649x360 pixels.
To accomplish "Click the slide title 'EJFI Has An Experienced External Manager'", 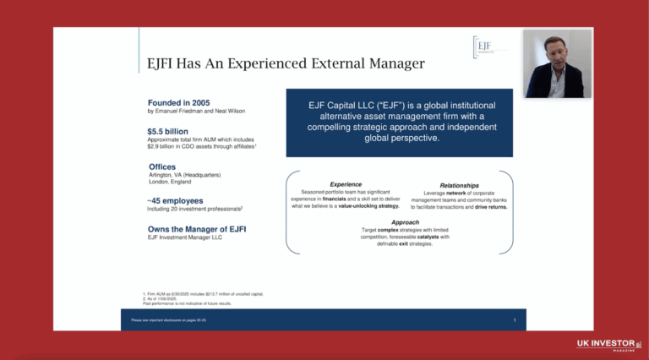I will point(285,63).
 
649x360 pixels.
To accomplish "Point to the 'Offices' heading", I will point(162,166).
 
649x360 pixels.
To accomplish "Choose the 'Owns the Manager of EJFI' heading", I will point(198,229).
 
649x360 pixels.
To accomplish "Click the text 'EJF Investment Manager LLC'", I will point(185,238).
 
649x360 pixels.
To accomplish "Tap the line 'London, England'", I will point(170,182).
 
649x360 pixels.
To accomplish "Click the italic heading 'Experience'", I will point(346,184).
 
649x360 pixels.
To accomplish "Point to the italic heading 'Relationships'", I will point(459,185).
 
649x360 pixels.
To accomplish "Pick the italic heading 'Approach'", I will point(405,222).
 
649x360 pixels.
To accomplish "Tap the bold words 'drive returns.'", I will point(491,206).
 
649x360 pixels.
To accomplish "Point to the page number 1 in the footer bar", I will point(515,320).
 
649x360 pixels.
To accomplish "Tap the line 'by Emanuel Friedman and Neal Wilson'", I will point(196,112).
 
